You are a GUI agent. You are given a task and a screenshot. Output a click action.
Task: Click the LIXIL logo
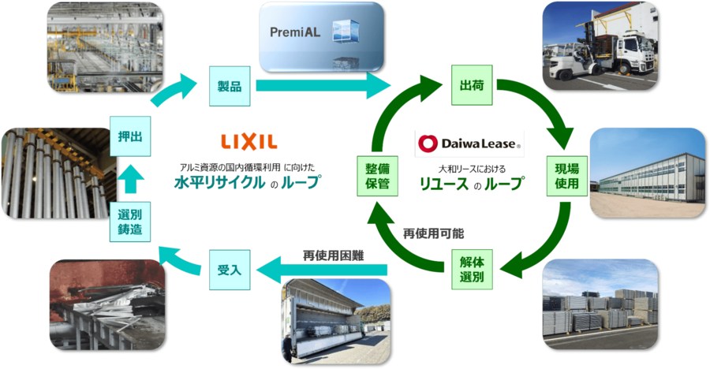pyautogui.click(x=248, y=142)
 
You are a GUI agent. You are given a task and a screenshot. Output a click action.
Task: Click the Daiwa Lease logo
pyautogui.click(x=469, y=144)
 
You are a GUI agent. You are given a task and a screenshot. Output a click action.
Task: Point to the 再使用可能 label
pyautogui.click(x=433, y=233)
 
